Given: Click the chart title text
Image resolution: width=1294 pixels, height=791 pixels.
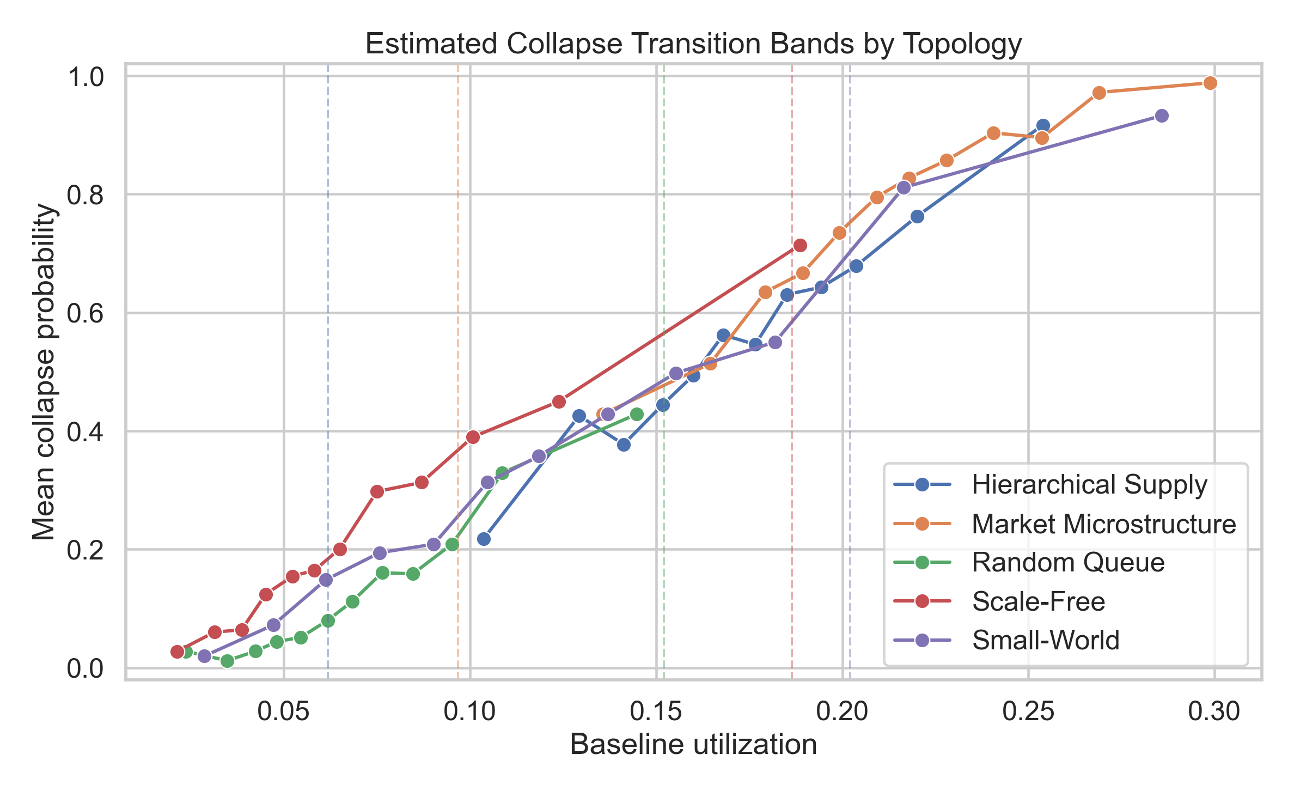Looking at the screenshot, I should (693, 44).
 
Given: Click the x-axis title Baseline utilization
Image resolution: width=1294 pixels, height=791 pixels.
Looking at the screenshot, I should (693, 745).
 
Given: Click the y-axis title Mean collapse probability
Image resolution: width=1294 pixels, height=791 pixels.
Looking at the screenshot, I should (44, 372).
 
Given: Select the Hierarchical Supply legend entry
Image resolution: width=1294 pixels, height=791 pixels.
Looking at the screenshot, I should (1089, 484).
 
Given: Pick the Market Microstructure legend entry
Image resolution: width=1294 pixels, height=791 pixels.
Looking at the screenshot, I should (1103, 524).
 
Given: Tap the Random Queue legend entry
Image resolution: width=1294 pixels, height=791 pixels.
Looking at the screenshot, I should (1067, 562).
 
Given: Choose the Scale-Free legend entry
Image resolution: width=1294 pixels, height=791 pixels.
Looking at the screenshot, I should (1038, 601).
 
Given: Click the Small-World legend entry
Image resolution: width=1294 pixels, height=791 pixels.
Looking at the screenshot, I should (1045, 640).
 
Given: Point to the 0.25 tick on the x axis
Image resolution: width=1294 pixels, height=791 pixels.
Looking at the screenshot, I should (1028, 711).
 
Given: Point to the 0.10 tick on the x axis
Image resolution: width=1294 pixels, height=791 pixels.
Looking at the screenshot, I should (469, 711).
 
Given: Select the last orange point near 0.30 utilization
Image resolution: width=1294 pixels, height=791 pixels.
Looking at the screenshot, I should (1210, 83).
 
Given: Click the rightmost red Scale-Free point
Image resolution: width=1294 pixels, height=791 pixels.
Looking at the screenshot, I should (799, 245).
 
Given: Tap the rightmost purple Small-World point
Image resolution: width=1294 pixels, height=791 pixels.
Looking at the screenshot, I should (1162, 115).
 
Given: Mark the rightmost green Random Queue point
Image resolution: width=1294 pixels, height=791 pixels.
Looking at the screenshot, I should (636, 414).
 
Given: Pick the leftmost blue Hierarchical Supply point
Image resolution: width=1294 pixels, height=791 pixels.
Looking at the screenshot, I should (484, 539).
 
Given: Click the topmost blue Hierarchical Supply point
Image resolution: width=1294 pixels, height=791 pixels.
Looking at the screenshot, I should (1043, 125).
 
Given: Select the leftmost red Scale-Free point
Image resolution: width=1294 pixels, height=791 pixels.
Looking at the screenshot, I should (177, 652).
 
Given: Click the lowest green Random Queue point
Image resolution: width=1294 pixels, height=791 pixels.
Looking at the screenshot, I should (228, 661).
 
